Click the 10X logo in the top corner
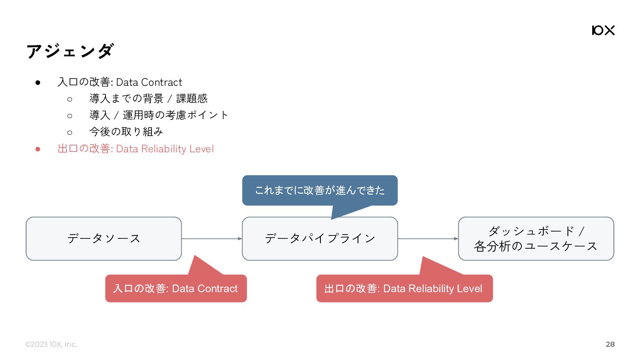click(603, 30)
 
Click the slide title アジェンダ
click(70, 51)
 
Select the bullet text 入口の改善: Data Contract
click(120, 82)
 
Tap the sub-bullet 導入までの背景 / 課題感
click(148, 99)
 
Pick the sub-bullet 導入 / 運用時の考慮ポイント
click(159, 115)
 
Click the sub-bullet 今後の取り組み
click(126, 132)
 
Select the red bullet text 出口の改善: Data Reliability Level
click(136, 149)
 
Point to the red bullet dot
click(38, 149)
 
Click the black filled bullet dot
click(38, 83)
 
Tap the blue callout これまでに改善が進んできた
click(320, 190)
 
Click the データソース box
click(104, 238)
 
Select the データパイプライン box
click(320, 238)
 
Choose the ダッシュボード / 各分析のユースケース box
click(536, 238)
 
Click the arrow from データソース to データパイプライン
click(212, 238)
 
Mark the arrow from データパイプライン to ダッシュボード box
click(428, 238)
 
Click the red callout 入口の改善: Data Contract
click(176, 288)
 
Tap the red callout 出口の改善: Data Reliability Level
click(404, 288)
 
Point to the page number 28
click(610, 344)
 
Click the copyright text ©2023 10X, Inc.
click(51, 344)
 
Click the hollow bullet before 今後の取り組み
click(70, 133)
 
